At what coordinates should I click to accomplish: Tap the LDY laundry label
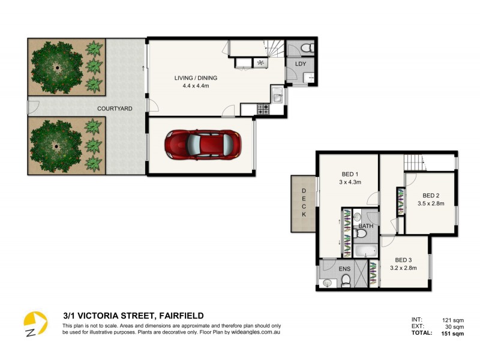[299, 63]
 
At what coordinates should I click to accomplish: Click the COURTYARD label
[115, 109]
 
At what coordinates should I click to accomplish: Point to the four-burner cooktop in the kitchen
[263, 109]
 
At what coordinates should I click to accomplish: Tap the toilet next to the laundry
[304, 48]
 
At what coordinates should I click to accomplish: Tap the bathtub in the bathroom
[365, 251]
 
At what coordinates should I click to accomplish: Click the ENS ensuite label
[344, 269]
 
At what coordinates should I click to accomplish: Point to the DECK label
[304, 203]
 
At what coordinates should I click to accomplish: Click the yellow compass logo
[35, 325]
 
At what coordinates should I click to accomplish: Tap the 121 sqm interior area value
[452, 320]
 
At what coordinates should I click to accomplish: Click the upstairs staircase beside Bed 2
[413, 162]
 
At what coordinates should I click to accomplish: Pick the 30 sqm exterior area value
[454, 327]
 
